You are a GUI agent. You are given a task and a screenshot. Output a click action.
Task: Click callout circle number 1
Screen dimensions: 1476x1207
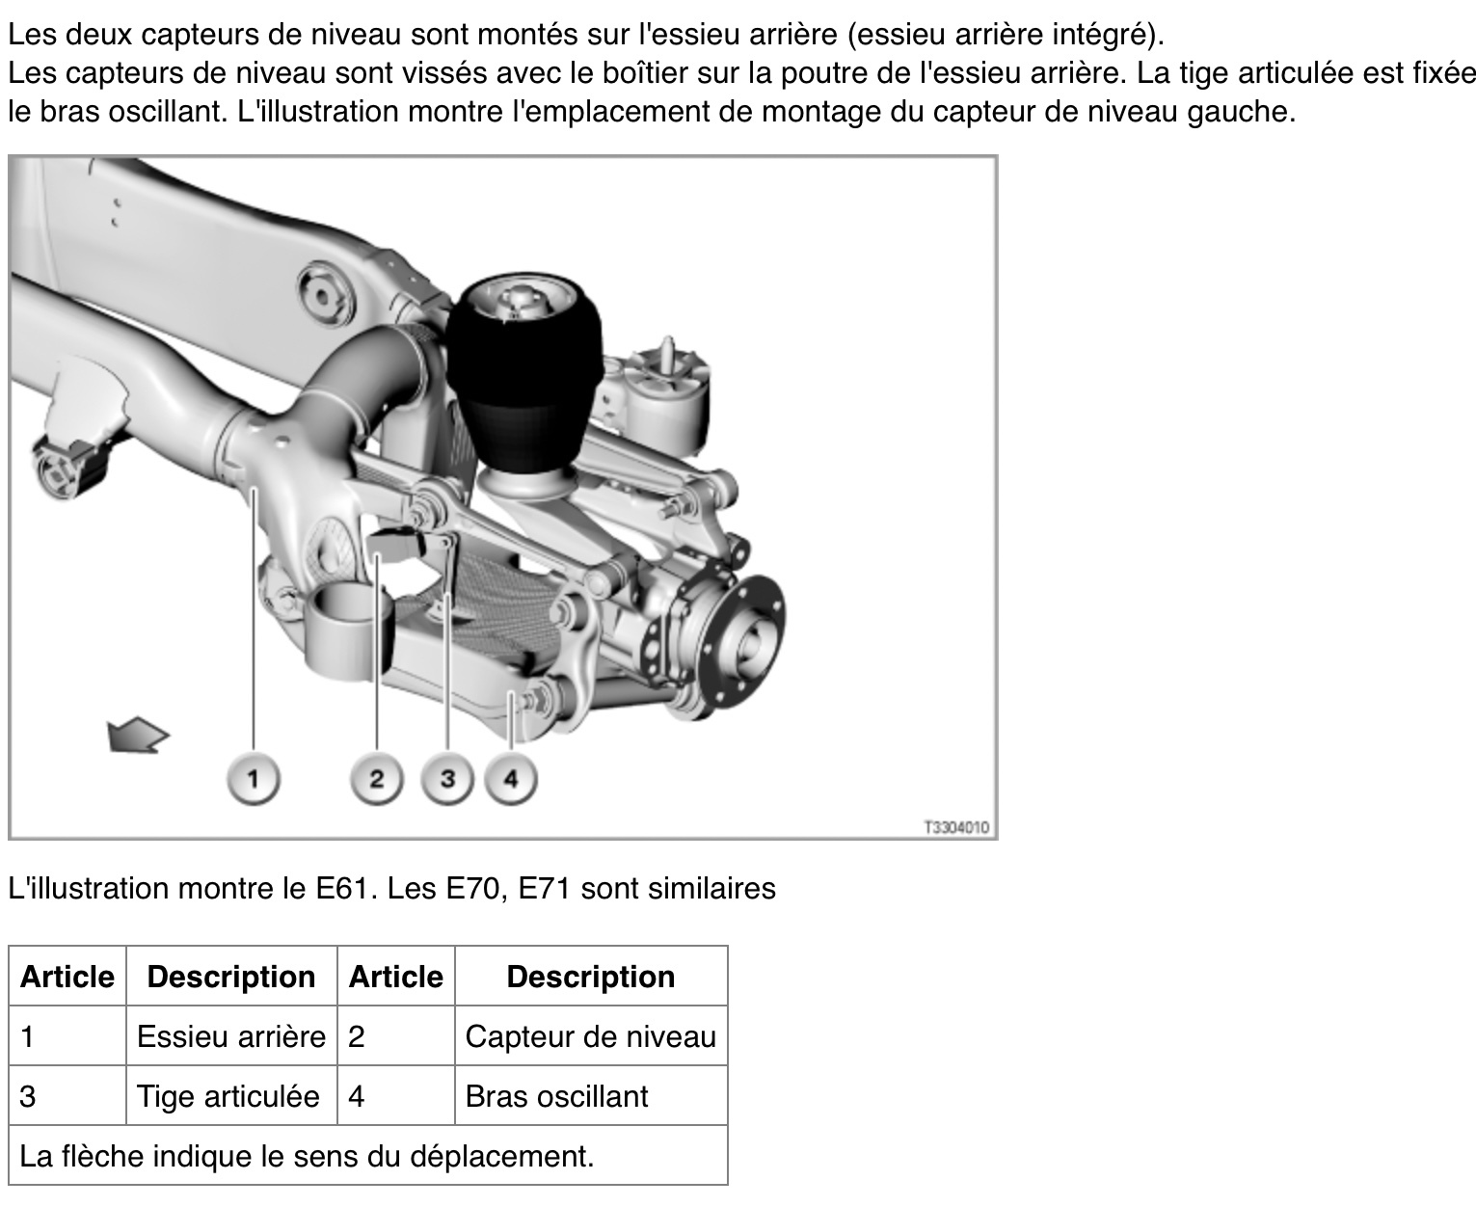254,779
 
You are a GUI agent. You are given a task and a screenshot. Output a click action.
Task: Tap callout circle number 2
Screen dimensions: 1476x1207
377,779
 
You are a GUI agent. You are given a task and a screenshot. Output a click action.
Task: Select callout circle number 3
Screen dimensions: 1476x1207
447,779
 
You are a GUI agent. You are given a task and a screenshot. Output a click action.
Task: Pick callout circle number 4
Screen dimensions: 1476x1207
511,779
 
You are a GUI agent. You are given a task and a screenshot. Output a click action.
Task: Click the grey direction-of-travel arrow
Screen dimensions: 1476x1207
137,735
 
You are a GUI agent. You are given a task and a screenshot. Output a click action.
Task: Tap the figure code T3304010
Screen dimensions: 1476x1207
956,828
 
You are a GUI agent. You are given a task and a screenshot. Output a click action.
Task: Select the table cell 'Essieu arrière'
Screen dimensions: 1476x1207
231,1036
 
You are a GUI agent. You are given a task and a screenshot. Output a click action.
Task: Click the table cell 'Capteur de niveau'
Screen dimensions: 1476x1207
591,1036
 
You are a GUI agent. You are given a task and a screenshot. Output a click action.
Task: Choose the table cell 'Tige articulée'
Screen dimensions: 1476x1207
231,1096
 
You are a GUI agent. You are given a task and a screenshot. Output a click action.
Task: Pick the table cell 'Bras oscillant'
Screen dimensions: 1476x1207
591,1096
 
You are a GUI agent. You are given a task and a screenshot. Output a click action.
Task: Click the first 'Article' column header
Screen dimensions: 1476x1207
67,977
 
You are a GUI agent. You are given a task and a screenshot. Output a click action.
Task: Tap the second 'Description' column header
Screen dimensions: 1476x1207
591,977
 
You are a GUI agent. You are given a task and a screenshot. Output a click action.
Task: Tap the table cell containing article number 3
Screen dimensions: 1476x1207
67,1096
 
